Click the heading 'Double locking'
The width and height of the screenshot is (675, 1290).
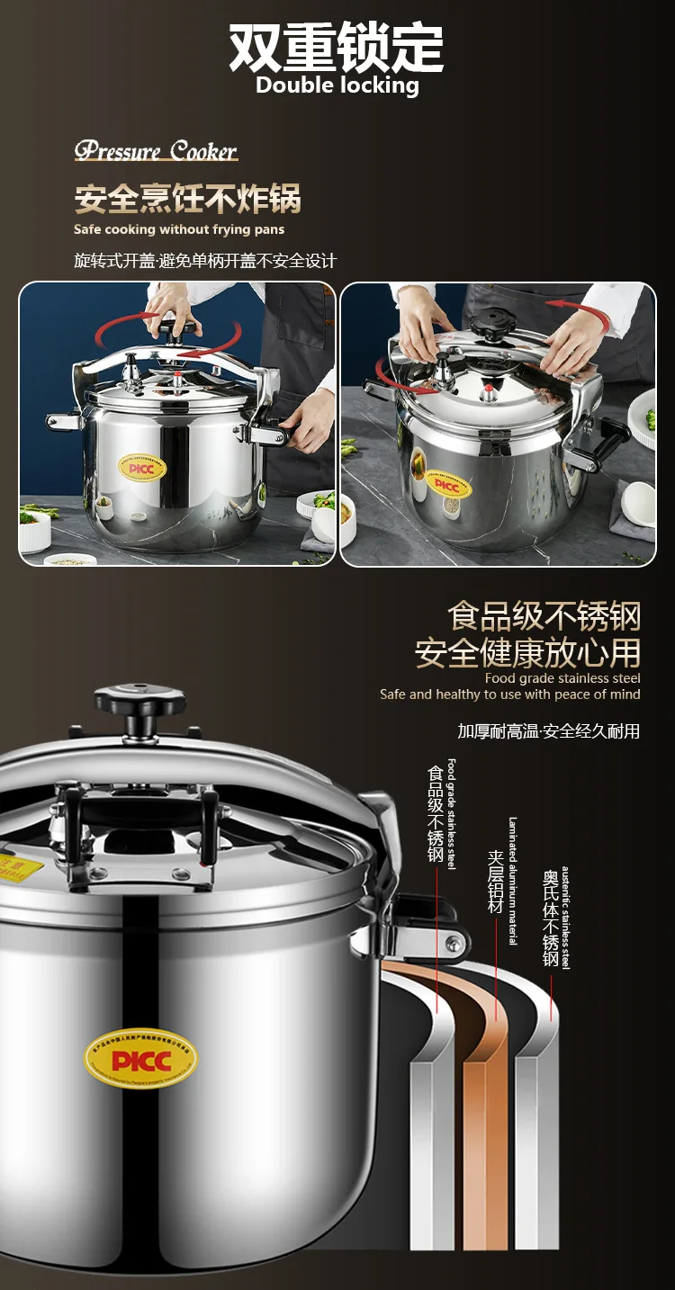coord(337,85)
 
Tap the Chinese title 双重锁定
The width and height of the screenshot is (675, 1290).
coord(337,47)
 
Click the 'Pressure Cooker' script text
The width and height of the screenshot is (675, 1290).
coord(156,150)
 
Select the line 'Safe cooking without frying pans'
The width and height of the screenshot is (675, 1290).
coord(179,229)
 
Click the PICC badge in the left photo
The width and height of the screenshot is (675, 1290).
coord(144,469)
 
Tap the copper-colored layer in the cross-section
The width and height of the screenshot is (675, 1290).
coord(485,1124)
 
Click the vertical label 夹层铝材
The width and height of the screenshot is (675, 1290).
coord(494,882)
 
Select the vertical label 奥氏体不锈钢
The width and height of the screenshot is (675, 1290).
coord(551,918)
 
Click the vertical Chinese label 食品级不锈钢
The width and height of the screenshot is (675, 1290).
coord(436,814)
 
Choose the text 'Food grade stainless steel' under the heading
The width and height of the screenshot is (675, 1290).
coord(562,678)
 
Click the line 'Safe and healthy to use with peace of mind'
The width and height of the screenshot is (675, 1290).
coord(510,694)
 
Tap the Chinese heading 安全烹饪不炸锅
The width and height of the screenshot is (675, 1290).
coord(187,199)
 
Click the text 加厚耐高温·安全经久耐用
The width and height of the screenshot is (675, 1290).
coord(548,731)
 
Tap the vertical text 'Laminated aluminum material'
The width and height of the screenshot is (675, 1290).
coord(512,881)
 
